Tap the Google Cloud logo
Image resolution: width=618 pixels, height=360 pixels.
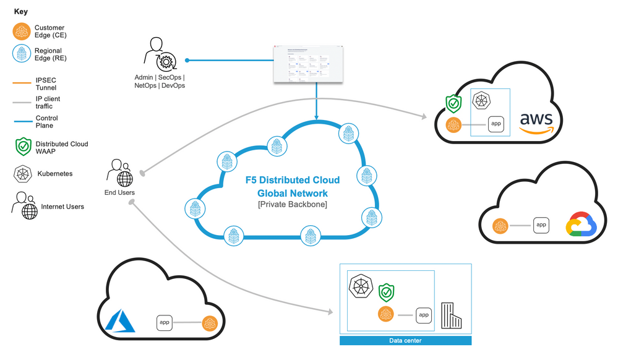click(580, 226)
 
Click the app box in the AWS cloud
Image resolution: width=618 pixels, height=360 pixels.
click(496, 124)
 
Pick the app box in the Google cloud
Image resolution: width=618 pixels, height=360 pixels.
click(541, 225)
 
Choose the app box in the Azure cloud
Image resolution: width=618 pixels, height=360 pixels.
click(165, 322)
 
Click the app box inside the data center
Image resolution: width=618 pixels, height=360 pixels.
click(424, 315)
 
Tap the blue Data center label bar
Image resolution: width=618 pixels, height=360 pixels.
click(405, 341)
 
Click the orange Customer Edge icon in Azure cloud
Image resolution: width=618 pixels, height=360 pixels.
click(210, 323)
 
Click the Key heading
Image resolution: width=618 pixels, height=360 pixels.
click(20, 12)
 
